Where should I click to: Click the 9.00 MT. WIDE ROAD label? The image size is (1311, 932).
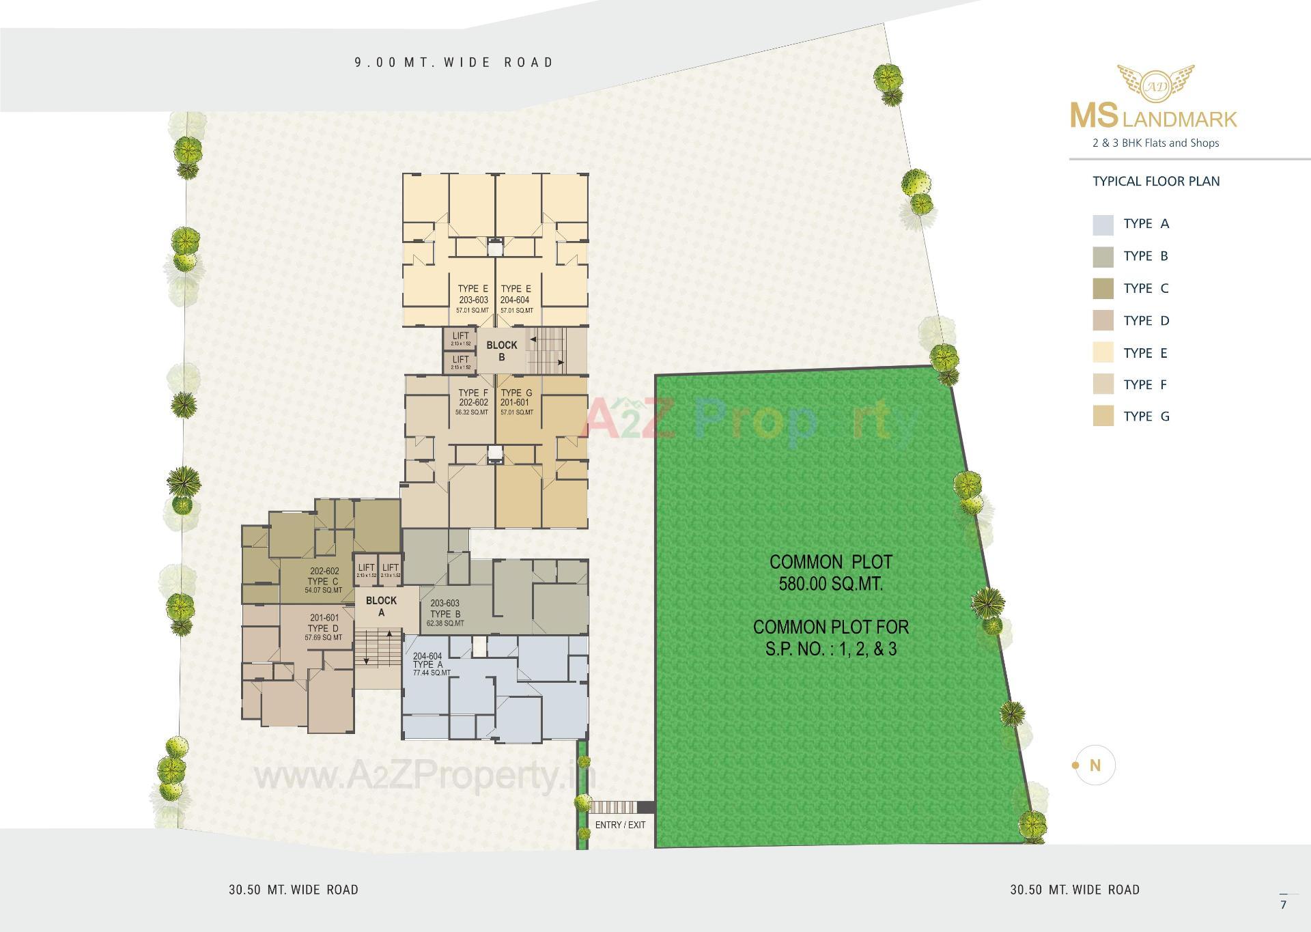pyautogui.click(x=454, y=62)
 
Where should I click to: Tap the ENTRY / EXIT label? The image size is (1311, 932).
pyautogui.click(x=620, y=825)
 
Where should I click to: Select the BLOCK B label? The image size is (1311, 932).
pyautogui.click(x=502, y=351)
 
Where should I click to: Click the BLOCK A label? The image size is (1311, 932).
pyautogui.click(x=381, y=606)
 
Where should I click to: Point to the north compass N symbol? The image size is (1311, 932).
pyautogui.click(x=1095, y=765)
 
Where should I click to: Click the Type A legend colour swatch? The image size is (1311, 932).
pyautogui.click(x=1103, y=224)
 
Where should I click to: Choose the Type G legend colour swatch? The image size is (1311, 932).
pyautogui.click(x=1103, y=416)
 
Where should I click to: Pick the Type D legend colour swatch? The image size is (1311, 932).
pyautogui.click(x=1103, y=320)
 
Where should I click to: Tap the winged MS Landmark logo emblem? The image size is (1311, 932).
pyautogui.click(x=1155, y=83)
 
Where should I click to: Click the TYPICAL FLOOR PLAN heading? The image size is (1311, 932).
pyautogui.click(x=1156, y=181)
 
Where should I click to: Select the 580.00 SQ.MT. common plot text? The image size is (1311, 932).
pyautogui.click(x=831, y=584)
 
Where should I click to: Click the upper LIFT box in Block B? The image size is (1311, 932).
pyautogui.click(x=460, y=338)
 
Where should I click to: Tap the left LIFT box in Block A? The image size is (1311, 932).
pyautogui.click(x=366, y=570)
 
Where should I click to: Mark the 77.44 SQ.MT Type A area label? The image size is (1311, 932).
pyautogui.click(x=432, y=673)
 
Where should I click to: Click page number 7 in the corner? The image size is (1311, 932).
pyautogui.click(x=1284, y=905)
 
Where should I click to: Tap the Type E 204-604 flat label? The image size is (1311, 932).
pyautogui.click(x=516, y=299)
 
